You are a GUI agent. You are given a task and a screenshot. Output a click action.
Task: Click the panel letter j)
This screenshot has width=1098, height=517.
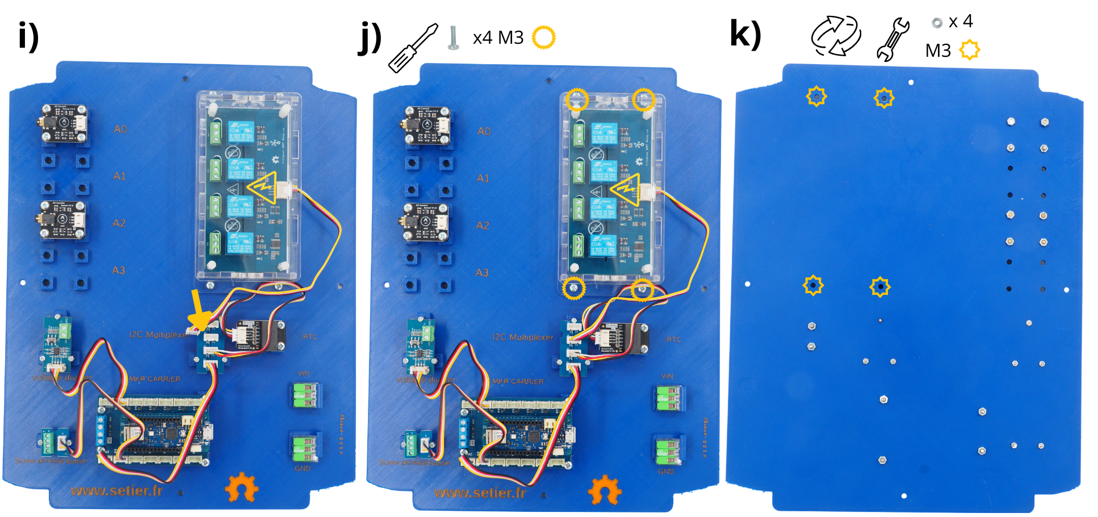coord(371,37)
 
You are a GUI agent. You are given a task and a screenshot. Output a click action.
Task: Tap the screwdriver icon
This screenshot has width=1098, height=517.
coord(413,48)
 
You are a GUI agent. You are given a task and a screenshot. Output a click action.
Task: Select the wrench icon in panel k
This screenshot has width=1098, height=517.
coord(892,39)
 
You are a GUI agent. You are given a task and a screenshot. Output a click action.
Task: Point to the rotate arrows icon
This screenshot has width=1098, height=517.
coord(836,36)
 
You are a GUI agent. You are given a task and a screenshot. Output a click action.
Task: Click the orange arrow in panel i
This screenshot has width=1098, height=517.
coord(198,310)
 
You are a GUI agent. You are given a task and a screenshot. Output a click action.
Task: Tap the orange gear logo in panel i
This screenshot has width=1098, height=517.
coord(241,487)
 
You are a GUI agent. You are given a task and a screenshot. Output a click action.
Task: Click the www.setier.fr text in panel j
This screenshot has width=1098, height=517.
coord(480,493)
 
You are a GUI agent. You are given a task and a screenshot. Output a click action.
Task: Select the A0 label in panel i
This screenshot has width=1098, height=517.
coord(120,129)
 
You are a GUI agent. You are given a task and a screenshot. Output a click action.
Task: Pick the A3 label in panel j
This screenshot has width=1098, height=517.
coord(482,273)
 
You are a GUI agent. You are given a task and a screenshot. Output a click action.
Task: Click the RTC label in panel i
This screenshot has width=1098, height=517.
coord(310,337)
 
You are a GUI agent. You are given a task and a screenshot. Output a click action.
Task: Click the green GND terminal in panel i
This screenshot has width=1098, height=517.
coord(305,448)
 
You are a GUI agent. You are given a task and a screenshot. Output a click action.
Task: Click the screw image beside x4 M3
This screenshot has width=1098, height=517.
coord(453,37)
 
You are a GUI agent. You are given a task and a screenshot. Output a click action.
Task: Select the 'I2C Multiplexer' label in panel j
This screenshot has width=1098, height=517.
coord(522,337)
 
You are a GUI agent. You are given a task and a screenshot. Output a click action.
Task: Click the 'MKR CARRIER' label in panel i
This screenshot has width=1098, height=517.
coord(154,379)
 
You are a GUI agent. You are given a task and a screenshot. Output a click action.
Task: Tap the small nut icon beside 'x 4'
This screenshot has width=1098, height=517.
coord(937,23)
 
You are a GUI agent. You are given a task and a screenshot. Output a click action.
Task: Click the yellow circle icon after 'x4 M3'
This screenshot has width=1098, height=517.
coord(543,37)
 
